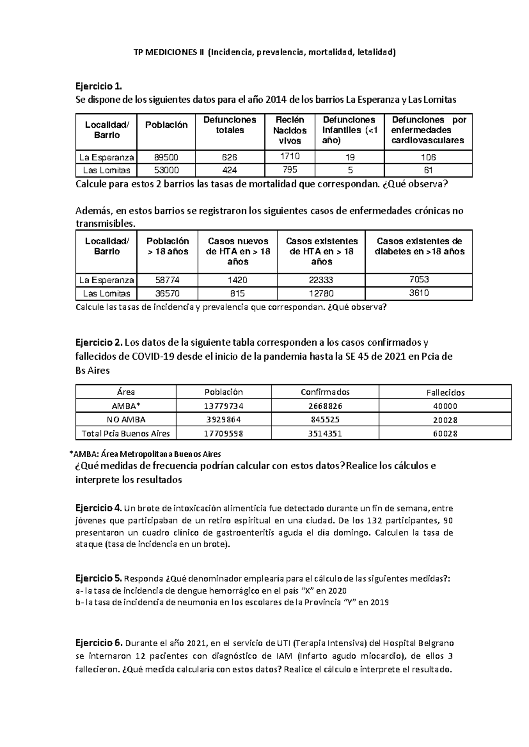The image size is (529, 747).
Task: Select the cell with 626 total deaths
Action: pyautogui.click(x=230, y=157)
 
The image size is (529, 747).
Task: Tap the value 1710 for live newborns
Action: pyautogui.click(x=290, y=156)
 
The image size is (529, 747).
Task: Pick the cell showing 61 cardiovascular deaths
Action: pyautogui.click(x=428, y=170)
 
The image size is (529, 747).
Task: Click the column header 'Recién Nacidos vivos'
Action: pyautogui.click(x=290, y=130)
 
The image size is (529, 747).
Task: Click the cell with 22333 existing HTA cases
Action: pyautogui.click(x=321, y=280)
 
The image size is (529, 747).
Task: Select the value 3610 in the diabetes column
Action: pyautogui.click(x=419, y=293)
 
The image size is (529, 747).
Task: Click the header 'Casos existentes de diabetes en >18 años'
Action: pyautogui.click(x=419, y=246)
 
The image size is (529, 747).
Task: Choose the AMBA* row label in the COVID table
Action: pyautogui.click(x=126, y=406)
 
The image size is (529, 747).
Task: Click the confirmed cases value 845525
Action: pyautogui.click(x=325, y=420)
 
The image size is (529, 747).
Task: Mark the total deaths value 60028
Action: pyautogui.click(x=445, y=434)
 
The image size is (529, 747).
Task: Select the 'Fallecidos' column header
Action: pyautogui.click(x=445, y=392)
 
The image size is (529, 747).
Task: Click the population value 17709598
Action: pyautogui.click(x=224, y=434)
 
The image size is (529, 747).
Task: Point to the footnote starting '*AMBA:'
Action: pyautogui.click(x=145, y=454)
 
